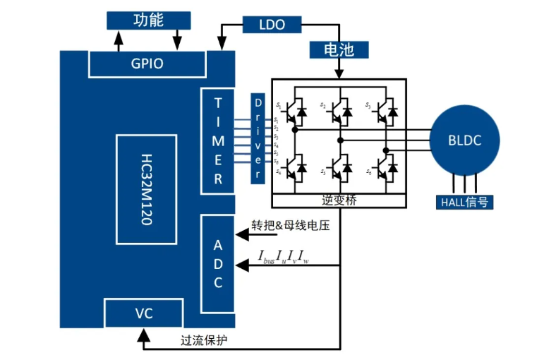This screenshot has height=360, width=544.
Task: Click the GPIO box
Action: pyautogui.click(x=147, y=64)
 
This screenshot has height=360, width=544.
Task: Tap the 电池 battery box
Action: pyautogui.click(x=339, y=49)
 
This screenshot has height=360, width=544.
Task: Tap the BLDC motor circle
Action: pyautogui.click(x=464, y=140)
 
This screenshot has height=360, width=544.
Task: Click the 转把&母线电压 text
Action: pyautogui.click(x=290, y=227)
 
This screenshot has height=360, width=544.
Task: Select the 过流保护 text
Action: pyautogui.click(x=204, y=340)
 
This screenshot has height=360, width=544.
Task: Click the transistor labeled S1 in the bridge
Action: pyautogui.click(x=294, y=109)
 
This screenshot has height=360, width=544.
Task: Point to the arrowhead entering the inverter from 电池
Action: pyautogui.click(x=339, y=74)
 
